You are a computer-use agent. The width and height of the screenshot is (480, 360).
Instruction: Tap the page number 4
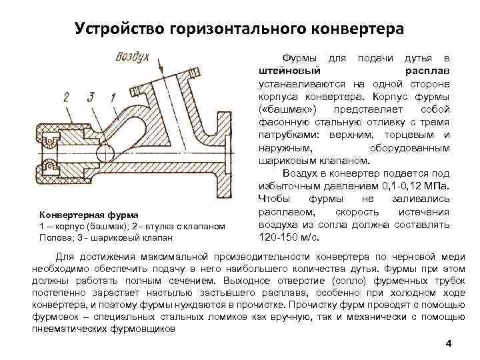click(x=448, y=343)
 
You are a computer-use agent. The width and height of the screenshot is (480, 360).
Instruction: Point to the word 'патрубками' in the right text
click(x=284, y=134)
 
